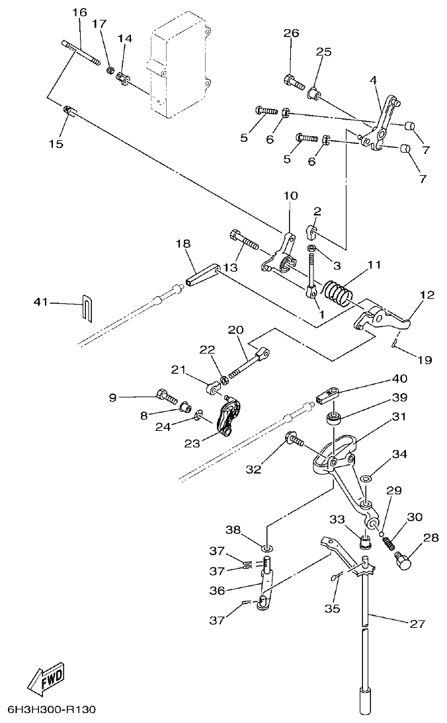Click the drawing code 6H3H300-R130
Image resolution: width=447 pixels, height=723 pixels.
[52, 710]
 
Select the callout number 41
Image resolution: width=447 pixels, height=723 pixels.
[42, 302]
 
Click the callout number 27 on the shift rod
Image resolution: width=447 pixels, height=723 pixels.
[417, 623]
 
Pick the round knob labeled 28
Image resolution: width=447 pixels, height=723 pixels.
[403, 561]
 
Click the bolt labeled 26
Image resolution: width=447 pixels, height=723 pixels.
[294, 83]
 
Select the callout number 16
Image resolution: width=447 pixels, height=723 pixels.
[79, 13]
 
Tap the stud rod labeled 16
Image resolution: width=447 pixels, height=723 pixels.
[81, 54]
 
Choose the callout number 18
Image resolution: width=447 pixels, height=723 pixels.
[183, 244]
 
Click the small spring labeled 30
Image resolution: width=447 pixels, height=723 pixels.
[391, 541]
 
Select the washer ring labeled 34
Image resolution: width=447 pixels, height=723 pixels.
[366, 477]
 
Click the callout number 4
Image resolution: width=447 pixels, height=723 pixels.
[373, 80]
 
